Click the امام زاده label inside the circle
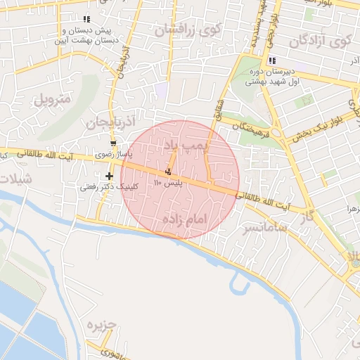pyautogui.click(x=186, y=220)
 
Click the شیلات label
pyautogui.click(x=15, y=178)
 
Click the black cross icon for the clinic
pyautogui.click(x=109, y=176)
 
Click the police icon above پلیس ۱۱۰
pyautogui.click(x=169, y=172)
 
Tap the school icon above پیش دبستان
pyautogui.click(x=86, y=20)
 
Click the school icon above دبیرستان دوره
pyautogui.click(x=272, y=60)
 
